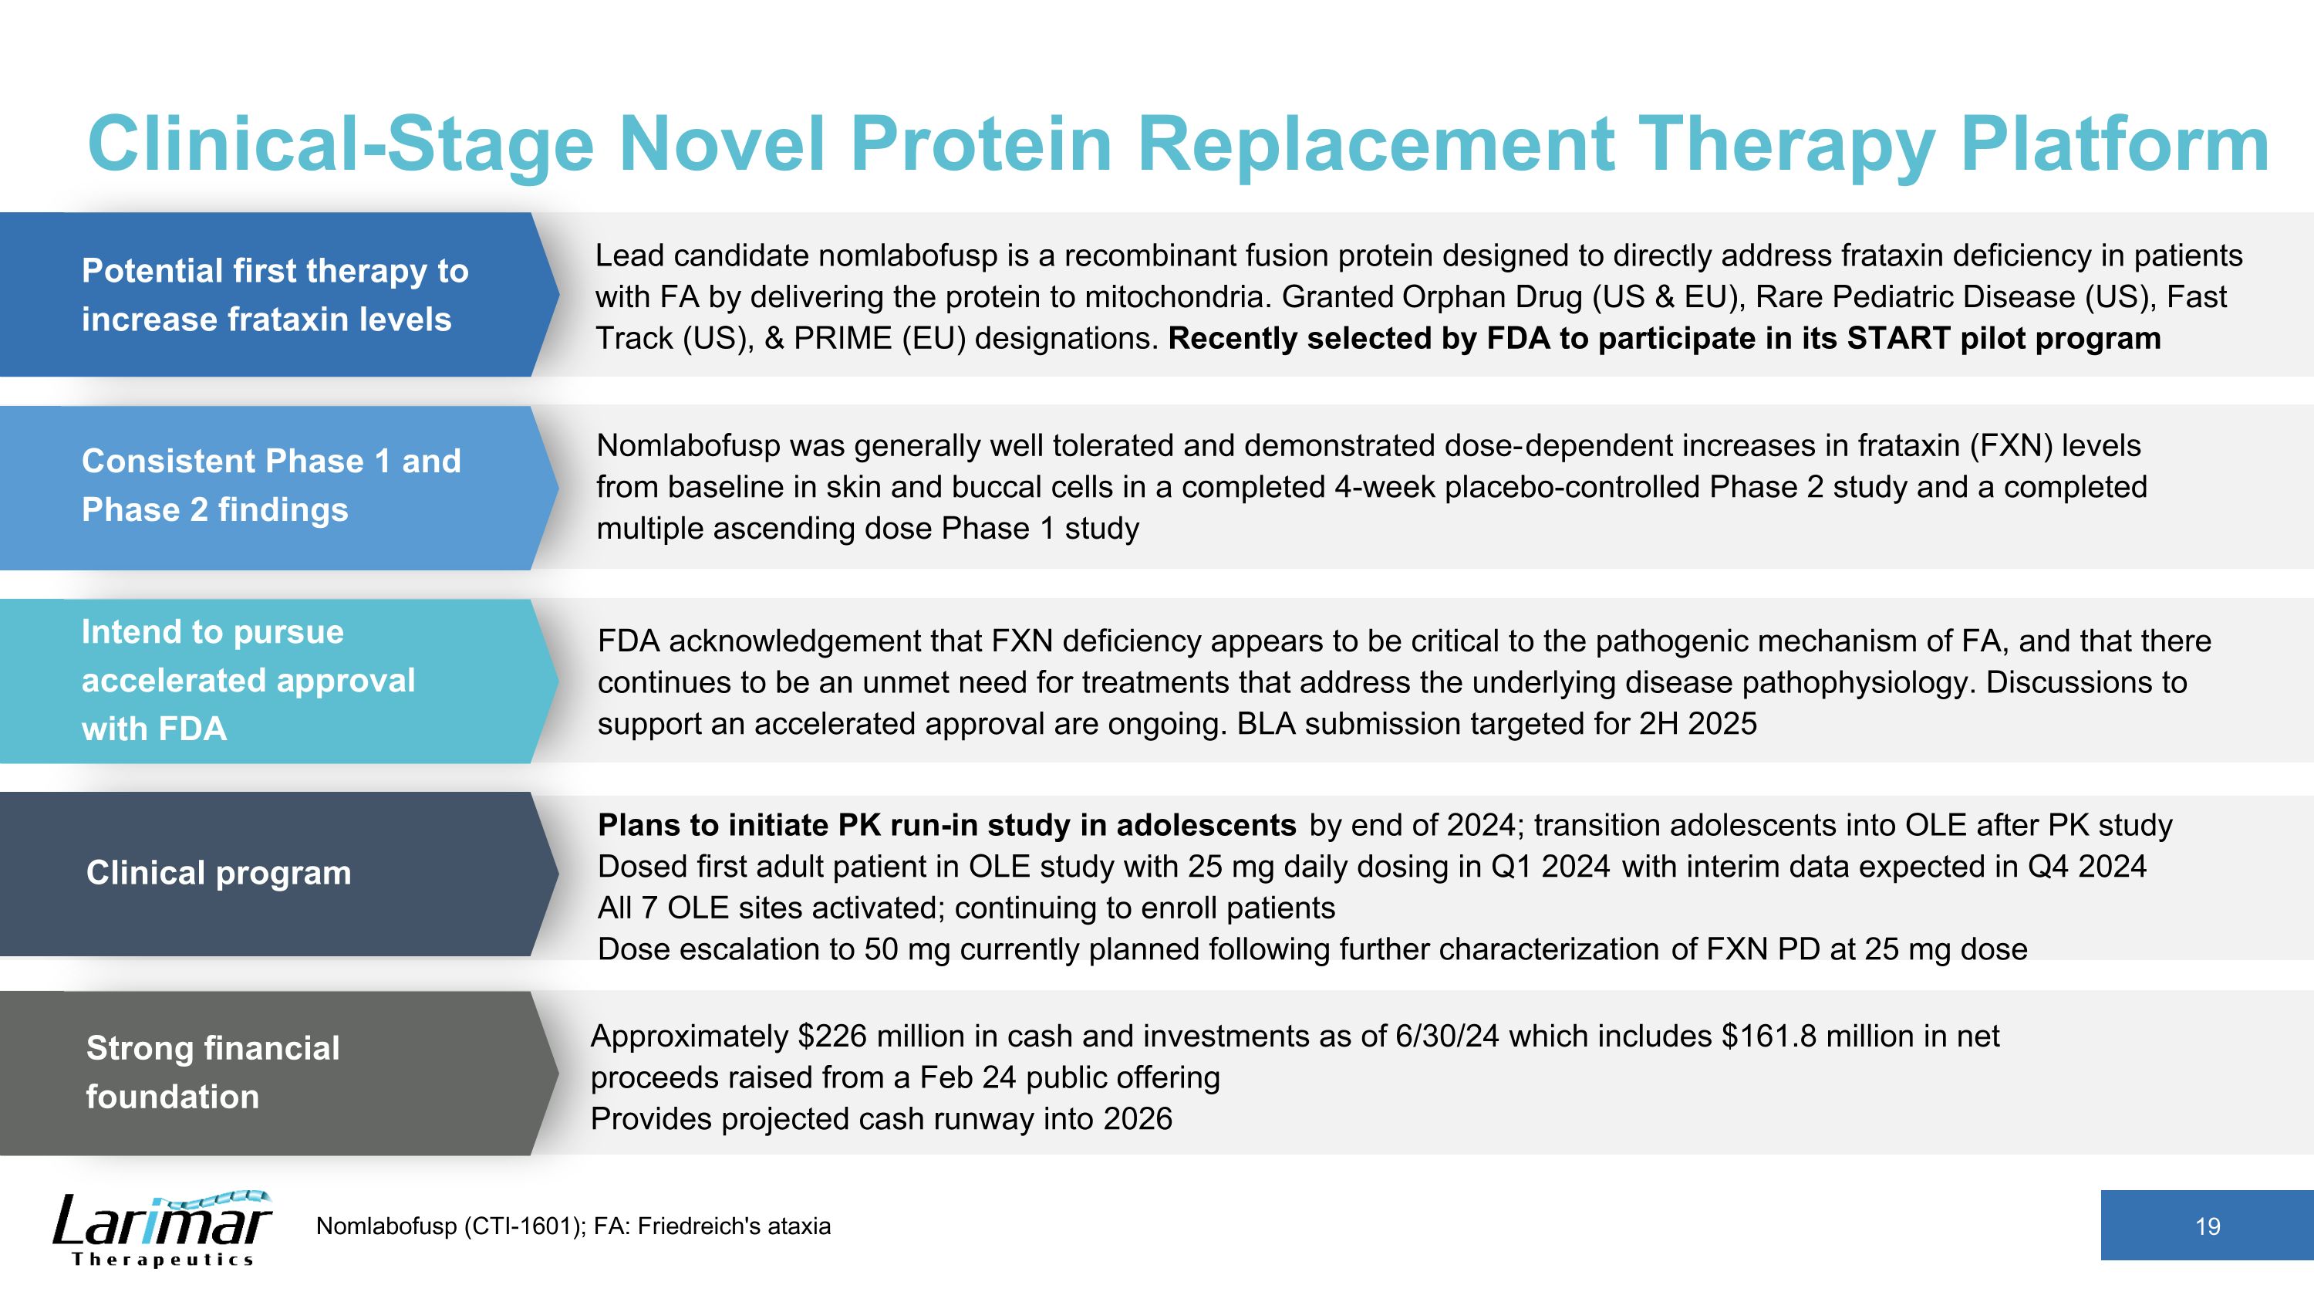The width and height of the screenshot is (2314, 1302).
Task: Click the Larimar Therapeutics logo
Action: pyautogui.click(x=162, y=1229)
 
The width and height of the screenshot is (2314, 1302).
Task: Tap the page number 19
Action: pyautogui.click(x=2207, y=1226)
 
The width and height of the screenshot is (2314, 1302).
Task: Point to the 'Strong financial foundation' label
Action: pyautogui.click(x=213, y=1072)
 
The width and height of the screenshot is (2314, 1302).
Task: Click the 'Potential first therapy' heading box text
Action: pyautogui.click(x=275, y=295)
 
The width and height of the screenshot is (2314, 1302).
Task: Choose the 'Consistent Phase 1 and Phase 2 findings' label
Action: pyautogui.click(x=272, y=485)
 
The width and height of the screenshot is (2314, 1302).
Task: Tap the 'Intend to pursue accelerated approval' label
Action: pyautogui.click(x=248, y=680)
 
